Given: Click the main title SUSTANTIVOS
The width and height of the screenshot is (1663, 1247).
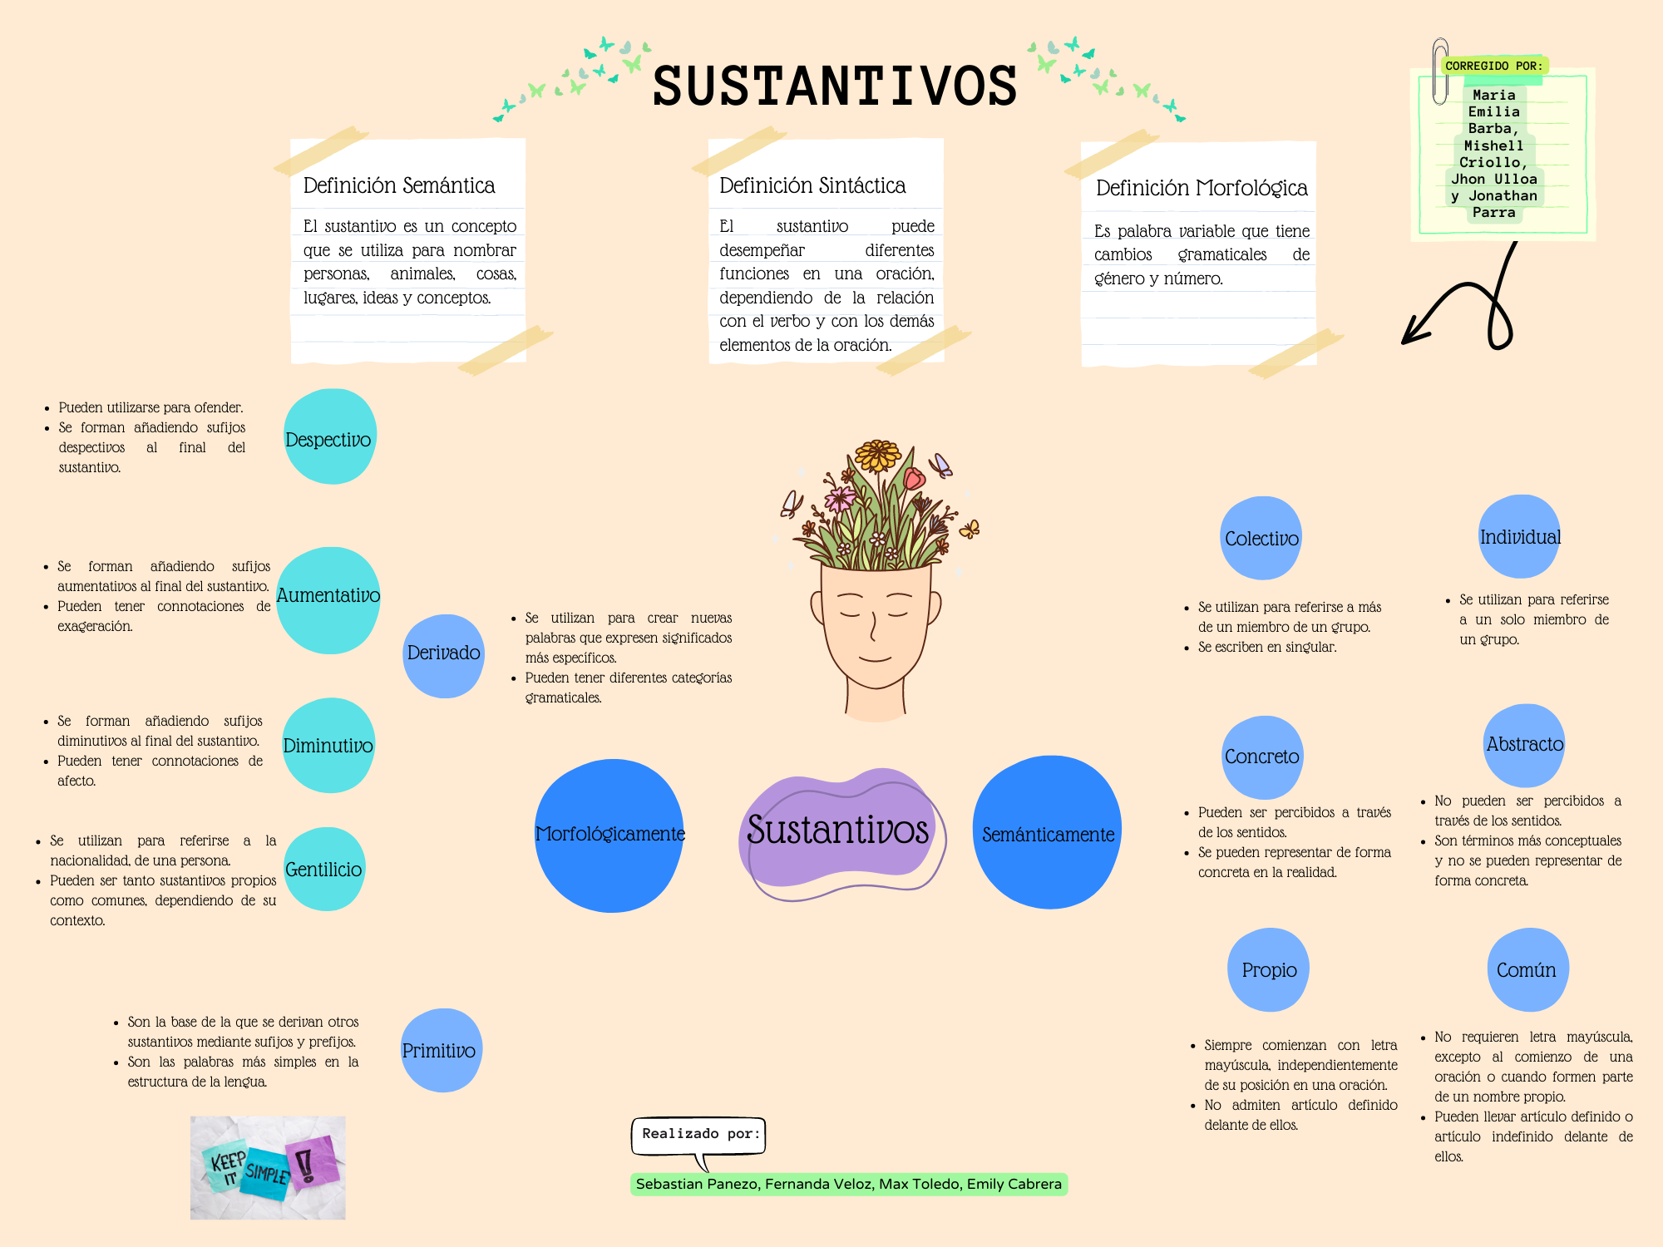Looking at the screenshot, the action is pyautogui.click(x=835, y=86).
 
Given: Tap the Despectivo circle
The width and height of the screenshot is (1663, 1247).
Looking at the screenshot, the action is pyautogui.click(x=330, y=436).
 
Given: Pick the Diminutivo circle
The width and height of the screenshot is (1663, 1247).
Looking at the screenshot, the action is pyautogui.click(x=328, y=745).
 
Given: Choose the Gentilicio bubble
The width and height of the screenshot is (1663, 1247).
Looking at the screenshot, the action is pyautogui.click(x=324, y=869).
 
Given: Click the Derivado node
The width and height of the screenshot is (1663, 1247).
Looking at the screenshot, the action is pyautogui.click(x=444, y=656).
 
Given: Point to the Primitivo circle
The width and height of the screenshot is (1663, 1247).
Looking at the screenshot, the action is pyautogui.click(x=442, y=1050).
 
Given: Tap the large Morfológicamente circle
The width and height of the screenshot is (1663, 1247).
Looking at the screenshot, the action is pyautogui.click(x=609, y=835).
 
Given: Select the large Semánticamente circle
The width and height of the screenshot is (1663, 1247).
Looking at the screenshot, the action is pyautogui.click(x=1048, y=832).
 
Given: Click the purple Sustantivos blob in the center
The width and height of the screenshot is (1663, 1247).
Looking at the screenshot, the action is pyautogui.click(x=840, y=833).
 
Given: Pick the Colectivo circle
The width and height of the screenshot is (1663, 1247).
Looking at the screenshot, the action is pyautogui.click(x=1261, y=538).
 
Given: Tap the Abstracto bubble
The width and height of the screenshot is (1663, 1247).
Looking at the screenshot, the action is pyautogui.click(x=1525, y=745).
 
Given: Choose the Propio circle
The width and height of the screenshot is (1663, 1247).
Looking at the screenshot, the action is pyautogui.click(x=1269, y=969).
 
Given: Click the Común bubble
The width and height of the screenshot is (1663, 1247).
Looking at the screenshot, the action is pyautogui.click(x=1527, y=969).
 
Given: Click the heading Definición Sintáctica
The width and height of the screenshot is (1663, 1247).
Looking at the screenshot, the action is pyautogui.click(x=812, y=185).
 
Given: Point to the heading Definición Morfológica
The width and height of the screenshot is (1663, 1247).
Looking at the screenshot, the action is pyautogui.click(x=1202, y=189).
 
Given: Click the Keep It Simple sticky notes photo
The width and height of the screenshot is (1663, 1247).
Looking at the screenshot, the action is pyautogui.click(x=268, y=1167).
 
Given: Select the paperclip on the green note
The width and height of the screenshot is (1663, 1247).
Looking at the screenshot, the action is pyautogui.click(x=1440, y=71).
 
